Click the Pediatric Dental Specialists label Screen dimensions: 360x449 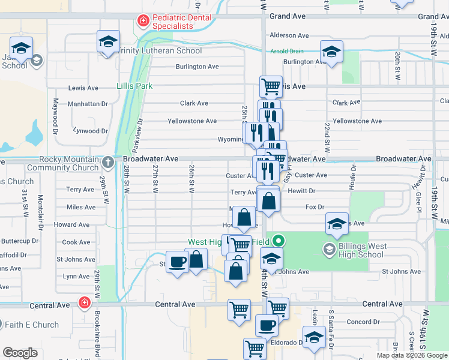[x=182, y=22]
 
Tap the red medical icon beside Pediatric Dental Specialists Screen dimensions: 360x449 [x=143, y=22]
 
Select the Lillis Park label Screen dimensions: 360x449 [x=134, y=86]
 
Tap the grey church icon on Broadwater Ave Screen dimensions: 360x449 [x=107, y=162]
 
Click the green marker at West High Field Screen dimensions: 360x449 [x=278, y=242]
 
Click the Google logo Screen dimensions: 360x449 [x=20, y=353]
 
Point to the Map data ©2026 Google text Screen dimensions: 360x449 [x=411, y=355]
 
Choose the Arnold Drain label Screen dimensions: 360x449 [x=287, y=51]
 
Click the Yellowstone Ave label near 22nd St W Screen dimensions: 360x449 [x=357, y=121]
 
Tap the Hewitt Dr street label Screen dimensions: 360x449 [x=301, y=191]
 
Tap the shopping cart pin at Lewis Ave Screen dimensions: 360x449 [x=271, y=86]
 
